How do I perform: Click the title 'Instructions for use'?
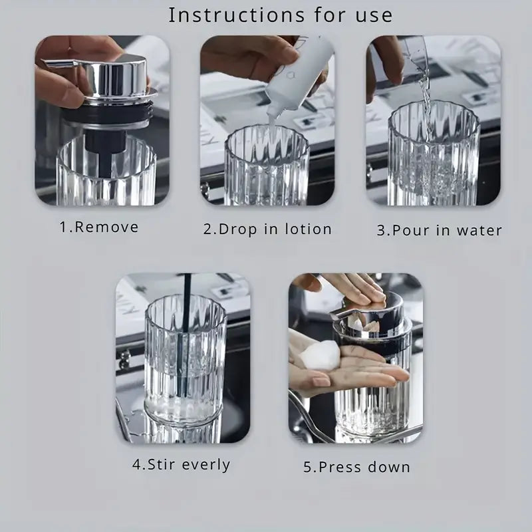(280, 15)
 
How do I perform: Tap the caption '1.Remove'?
(99, 227)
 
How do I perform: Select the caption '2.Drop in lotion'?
(267, 229)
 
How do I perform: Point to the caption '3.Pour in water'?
(440, 230)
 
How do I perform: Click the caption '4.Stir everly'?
(181, 465)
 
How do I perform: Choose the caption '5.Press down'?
(356, 467)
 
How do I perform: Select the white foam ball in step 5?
(321, 355)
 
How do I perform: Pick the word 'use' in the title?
(374, 16)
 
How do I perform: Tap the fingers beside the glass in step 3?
(385, 68)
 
